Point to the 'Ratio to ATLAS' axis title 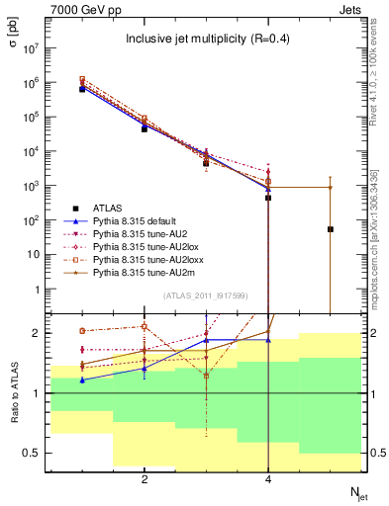[13, 394]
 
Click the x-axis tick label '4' [268, 479]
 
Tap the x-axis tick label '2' [145, 479]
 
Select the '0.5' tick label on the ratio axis [31, 453]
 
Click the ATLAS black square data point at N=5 [331, 229]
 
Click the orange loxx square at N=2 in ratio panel [145, 326]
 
